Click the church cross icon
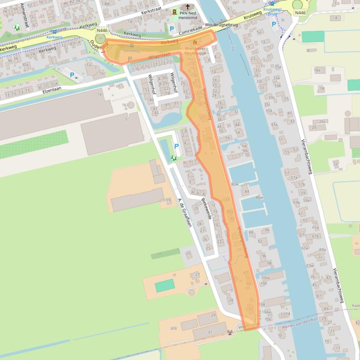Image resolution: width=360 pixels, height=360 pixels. click(x=188, y=7)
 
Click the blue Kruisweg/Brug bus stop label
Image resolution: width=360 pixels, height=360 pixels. click(x=272, y=12)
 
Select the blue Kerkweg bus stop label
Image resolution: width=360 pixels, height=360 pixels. click(x=54, y=37)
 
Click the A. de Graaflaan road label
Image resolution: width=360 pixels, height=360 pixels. click(x=185, y=212)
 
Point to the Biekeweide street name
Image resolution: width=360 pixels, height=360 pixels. click(x=206, y=209)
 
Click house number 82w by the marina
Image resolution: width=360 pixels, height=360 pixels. click(x=235, y=185)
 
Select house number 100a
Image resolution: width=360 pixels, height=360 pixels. click(x=265, y=278)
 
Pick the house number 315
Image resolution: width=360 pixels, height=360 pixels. click(x=174, y=328)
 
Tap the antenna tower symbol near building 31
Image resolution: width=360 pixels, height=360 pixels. click(x=229, y=333)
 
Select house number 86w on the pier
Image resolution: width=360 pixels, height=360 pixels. click(x=259, y=197)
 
